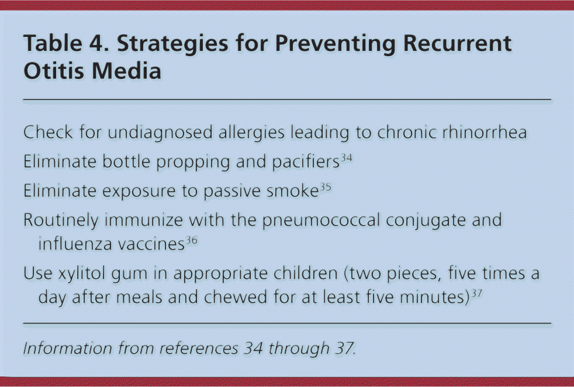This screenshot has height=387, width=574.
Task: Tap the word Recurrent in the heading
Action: point(457,43)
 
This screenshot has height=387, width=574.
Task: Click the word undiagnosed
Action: point(160,133)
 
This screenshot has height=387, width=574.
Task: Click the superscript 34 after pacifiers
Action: point(346,158)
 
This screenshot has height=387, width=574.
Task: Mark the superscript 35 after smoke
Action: point(326,188)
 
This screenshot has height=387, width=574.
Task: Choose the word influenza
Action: point(75,244)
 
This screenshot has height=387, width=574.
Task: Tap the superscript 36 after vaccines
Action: point(192,240)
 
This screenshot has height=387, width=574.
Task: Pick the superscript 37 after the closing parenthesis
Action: point(476,293)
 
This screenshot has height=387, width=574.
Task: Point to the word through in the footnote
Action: point(299,348)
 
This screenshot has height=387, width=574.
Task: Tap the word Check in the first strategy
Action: point(48,132)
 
